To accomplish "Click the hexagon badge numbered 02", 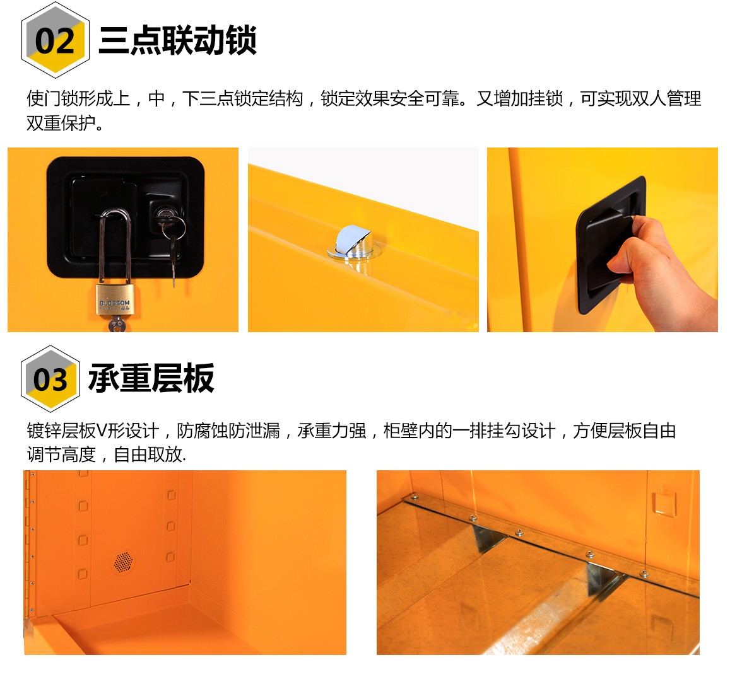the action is [56, 40].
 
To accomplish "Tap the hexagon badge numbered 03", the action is [50, 378].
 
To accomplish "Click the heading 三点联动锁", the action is [177, 40].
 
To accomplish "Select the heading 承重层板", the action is [151, 378].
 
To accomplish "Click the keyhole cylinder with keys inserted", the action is [163, 216].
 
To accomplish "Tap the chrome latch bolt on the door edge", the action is [353, 242].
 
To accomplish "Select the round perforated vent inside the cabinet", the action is [124, 562].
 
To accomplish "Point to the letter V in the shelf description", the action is [102, 431].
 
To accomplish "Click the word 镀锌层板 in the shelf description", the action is [61, 431].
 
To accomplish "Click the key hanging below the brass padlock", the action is [116, 323].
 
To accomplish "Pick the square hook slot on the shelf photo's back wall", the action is [664, 502].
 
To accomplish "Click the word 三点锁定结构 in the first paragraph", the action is [251, 98].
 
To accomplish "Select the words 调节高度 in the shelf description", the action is [61, 454].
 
